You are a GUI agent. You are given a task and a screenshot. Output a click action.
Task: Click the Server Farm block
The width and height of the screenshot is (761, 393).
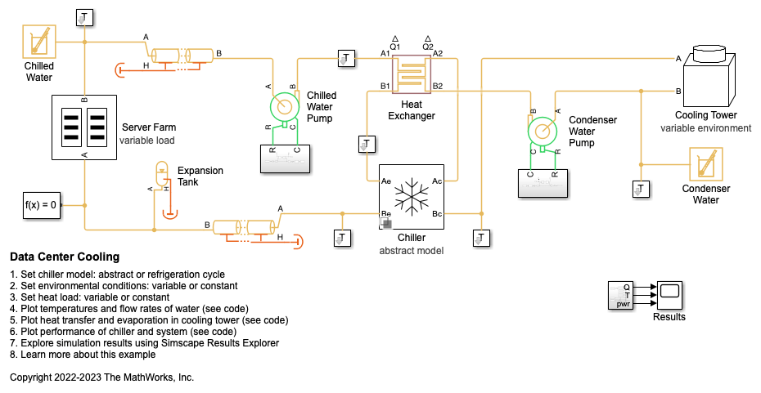[85, 127]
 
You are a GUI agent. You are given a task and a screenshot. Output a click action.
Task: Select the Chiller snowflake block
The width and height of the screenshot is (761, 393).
[412, 196]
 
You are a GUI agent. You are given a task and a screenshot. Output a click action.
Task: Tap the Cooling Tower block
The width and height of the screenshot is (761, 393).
[705, 76]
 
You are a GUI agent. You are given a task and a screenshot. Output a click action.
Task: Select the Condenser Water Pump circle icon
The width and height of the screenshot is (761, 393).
[542, 130]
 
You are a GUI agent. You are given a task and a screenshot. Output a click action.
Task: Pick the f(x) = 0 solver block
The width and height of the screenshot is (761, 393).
[41, 205]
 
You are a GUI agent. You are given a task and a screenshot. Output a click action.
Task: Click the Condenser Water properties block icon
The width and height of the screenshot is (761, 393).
[706, 163]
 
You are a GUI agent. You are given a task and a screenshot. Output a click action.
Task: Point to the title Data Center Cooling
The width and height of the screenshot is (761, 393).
[65, 257]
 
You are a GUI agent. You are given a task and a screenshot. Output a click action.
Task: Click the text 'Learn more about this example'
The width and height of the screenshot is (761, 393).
[86, 355]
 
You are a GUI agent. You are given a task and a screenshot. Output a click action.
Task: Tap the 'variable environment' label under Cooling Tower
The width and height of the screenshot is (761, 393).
[705, 128]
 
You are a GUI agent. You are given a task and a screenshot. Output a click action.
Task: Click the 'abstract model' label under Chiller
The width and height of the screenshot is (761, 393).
[411, 251]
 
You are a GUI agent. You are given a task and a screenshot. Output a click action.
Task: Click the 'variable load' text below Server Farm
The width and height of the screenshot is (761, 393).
[147, 141]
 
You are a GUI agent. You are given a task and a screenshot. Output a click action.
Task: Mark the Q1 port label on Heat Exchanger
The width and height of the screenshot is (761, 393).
[394, 47]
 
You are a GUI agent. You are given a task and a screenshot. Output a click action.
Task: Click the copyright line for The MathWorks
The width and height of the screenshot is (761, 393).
[101, 377]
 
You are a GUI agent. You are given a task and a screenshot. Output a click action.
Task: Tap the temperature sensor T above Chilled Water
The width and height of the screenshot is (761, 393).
[85, 17]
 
